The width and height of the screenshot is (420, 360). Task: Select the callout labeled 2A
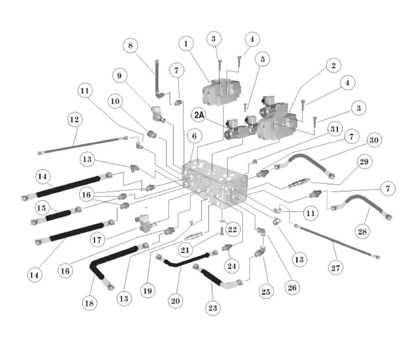click(199, 115)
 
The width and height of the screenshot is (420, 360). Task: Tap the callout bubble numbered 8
click(130, 45)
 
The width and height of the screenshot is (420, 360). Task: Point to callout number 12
click(75, 119)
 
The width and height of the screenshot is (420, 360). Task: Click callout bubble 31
click(335, 129)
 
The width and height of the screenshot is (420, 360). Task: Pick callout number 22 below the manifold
click(232, 229)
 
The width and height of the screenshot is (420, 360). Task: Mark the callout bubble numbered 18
click(89, 303)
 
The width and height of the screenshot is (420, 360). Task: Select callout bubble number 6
click(194, 136)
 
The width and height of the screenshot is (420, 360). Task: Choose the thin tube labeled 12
click(81, 145)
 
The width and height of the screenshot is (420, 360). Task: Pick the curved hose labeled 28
click(360, 204)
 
